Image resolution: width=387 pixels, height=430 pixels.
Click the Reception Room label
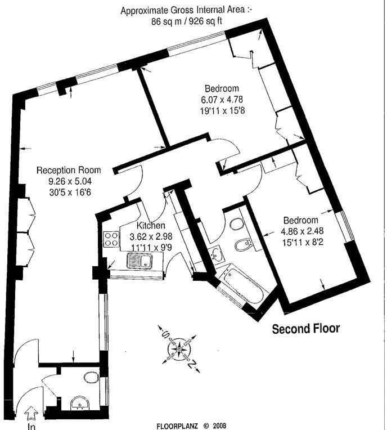pos(69,170)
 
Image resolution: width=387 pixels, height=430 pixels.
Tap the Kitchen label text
pos(151,226)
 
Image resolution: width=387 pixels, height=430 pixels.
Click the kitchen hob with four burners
pos(111,239)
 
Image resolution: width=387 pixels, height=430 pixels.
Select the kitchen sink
pos(139,261)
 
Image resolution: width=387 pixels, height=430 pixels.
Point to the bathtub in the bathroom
pos(242,285)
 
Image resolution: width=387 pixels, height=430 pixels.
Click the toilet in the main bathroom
pos(236,224)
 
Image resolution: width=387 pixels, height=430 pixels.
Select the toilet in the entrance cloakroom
pos(91,378)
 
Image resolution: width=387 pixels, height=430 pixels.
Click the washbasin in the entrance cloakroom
pos(79,403)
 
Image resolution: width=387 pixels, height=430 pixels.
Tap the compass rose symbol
pos(179,349)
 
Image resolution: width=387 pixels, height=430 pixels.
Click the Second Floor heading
pos(305,328)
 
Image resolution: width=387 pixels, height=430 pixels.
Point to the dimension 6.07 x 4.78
pos(222,99)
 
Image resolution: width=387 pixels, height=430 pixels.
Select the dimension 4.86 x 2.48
pos(302,231)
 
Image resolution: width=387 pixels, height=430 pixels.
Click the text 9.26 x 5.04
pos(70,181)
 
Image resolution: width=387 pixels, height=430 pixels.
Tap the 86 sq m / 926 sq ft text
pos(187,21)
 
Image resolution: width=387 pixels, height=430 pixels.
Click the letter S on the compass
pos(165,334)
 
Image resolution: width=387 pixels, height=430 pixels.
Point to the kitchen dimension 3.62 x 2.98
pos(151,236)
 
